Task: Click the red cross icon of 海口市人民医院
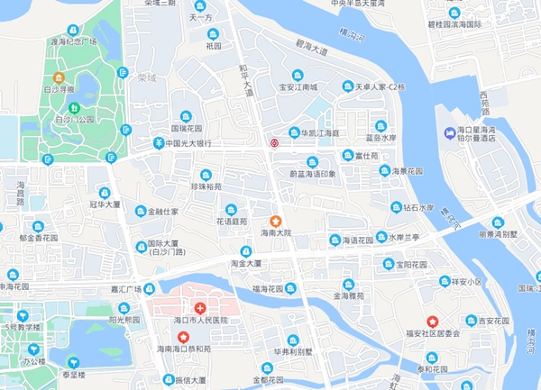tap(200, 307)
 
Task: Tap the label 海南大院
tap(277, 232)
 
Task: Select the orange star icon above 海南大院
tap(277, 221)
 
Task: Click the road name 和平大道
tap(245, 80)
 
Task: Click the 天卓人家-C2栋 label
tap(380, 87)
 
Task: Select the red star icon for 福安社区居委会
tap(432, 322)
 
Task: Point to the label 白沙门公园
tap(74, 119)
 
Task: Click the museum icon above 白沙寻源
tap(59, 77)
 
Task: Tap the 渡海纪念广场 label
tap(74, 41)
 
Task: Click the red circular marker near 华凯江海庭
tap(276, 141)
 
